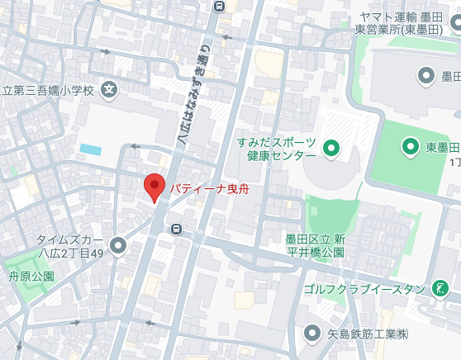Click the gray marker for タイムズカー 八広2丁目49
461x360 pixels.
(x=118, y=244)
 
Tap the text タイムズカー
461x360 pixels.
(x=69, y=240)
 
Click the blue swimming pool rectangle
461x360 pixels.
(x=90, y=149)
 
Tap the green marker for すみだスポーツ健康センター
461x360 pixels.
(x=331, y=149)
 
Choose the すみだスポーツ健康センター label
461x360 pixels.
(x=277, y=149)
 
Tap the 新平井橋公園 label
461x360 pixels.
(x=321, y=246)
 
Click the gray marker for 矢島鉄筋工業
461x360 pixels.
(x=312, y=334)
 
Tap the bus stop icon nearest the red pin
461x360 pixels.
(x=175, y=229)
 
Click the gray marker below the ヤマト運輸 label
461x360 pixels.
(x=426, y=77)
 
